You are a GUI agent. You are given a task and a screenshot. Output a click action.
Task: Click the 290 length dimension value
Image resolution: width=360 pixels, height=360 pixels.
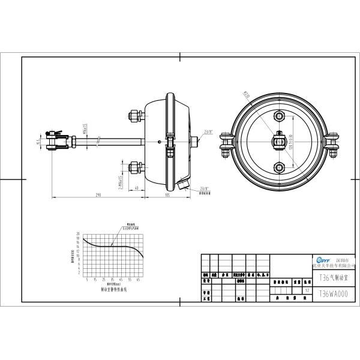pos(97,194)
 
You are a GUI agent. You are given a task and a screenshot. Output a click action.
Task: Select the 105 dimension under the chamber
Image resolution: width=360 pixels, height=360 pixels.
pos(167,194)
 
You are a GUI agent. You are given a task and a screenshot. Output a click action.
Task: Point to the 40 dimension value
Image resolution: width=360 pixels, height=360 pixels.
pos(137,188)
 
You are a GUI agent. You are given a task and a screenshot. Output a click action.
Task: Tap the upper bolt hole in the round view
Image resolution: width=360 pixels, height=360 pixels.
pos(278,115)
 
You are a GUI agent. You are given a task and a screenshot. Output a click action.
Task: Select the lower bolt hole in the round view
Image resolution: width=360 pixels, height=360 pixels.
pos(278,166)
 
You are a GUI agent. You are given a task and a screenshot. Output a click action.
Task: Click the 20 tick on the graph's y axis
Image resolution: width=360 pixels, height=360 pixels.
pos(78,233)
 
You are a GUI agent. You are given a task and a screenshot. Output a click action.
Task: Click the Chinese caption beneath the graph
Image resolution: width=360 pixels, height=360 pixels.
pos(113,288)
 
